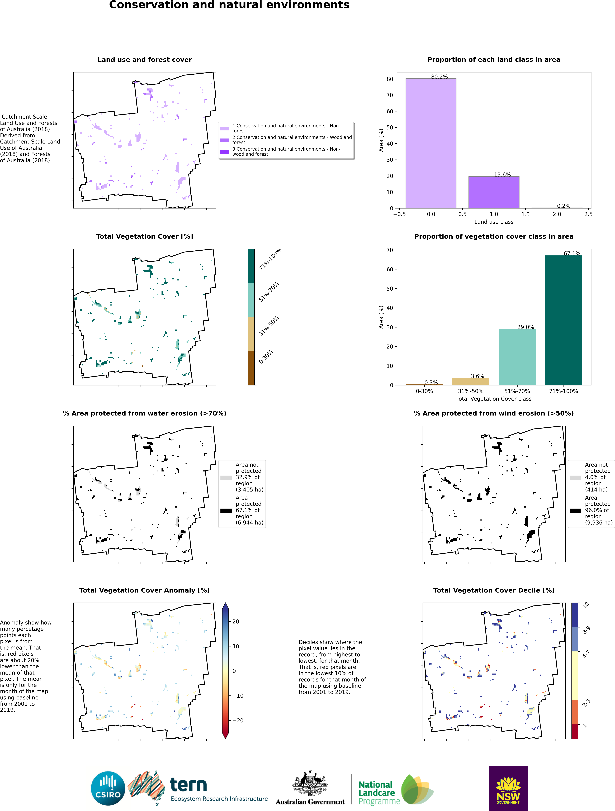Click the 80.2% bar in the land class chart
pyautogui.click(x=431, y=143)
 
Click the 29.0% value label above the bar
pyautogui.click(x=526, y=327)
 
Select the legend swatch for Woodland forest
pyautogui.click(x=224, y=140)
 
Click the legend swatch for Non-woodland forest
pyautogui.click(x=224, y=152)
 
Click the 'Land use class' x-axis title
pyautogui.click(x=494, y=222)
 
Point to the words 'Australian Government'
pyautogui.click(x=310, y=802)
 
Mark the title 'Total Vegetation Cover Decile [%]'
pyautogui.click(x=494, y=590)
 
